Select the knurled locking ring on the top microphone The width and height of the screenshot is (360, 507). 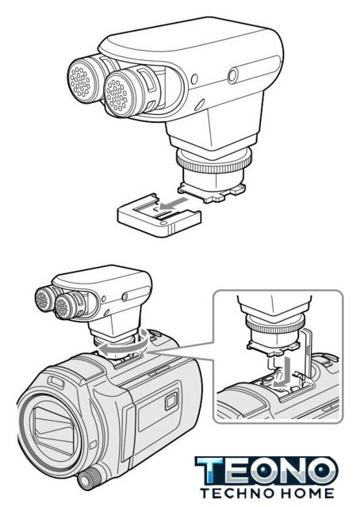214,161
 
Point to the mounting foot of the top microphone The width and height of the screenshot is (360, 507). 212,192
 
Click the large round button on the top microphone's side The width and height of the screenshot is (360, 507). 233,76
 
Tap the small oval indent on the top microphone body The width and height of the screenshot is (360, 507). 199,104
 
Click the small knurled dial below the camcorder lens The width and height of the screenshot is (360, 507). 88,478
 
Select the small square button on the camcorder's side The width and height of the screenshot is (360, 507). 171,401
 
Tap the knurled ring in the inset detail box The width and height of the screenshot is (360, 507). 275,325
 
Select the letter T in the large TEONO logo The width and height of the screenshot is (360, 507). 210,470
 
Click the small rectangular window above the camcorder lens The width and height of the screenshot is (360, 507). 57,382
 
